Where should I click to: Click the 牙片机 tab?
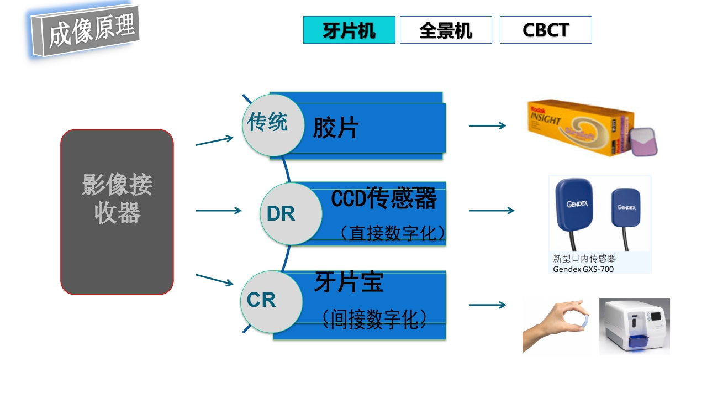349,30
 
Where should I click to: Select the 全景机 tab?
446,30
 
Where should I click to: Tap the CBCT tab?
546,30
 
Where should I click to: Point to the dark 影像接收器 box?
117,212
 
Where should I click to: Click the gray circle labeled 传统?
268,123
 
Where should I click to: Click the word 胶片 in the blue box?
336,128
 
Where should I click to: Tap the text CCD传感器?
384,198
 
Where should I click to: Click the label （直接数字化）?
392,233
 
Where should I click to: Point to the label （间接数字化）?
374,319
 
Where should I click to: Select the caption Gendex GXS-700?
583,269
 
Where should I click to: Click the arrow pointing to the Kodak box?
487,125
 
